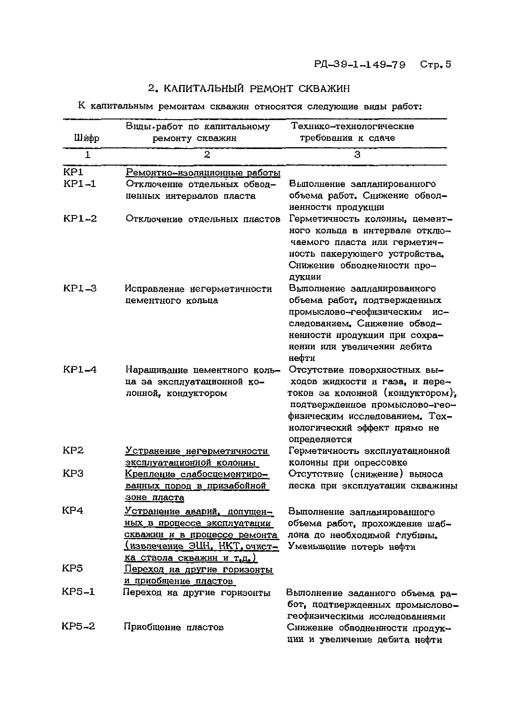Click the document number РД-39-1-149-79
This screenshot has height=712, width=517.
pos(359,65)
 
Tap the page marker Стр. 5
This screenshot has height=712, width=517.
pos(435,64)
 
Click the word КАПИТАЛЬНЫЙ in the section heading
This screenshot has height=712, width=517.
pos(204,89)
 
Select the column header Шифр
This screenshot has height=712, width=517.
pos(86,138)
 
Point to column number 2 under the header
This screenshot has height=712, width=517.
pos(207,154)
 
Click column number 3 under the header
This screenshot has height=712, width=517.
pos(357,154)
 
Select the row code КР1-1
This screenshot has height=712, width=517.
pos(79,184)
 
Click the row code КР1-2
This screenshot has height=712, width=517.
pos(80,219)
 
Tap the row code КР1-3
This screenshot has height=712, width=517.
pos(80,289)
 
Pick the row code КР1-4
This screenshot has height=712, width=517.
pos(80,369)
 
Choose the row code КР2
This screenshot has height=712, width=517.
pos(73,451)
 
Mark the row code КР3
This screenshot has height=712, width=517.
pos(73,474)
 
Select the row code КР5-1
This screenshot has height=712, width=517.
pos(78,592)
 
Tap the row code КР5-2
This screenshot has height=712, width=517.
pos(78,627)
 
